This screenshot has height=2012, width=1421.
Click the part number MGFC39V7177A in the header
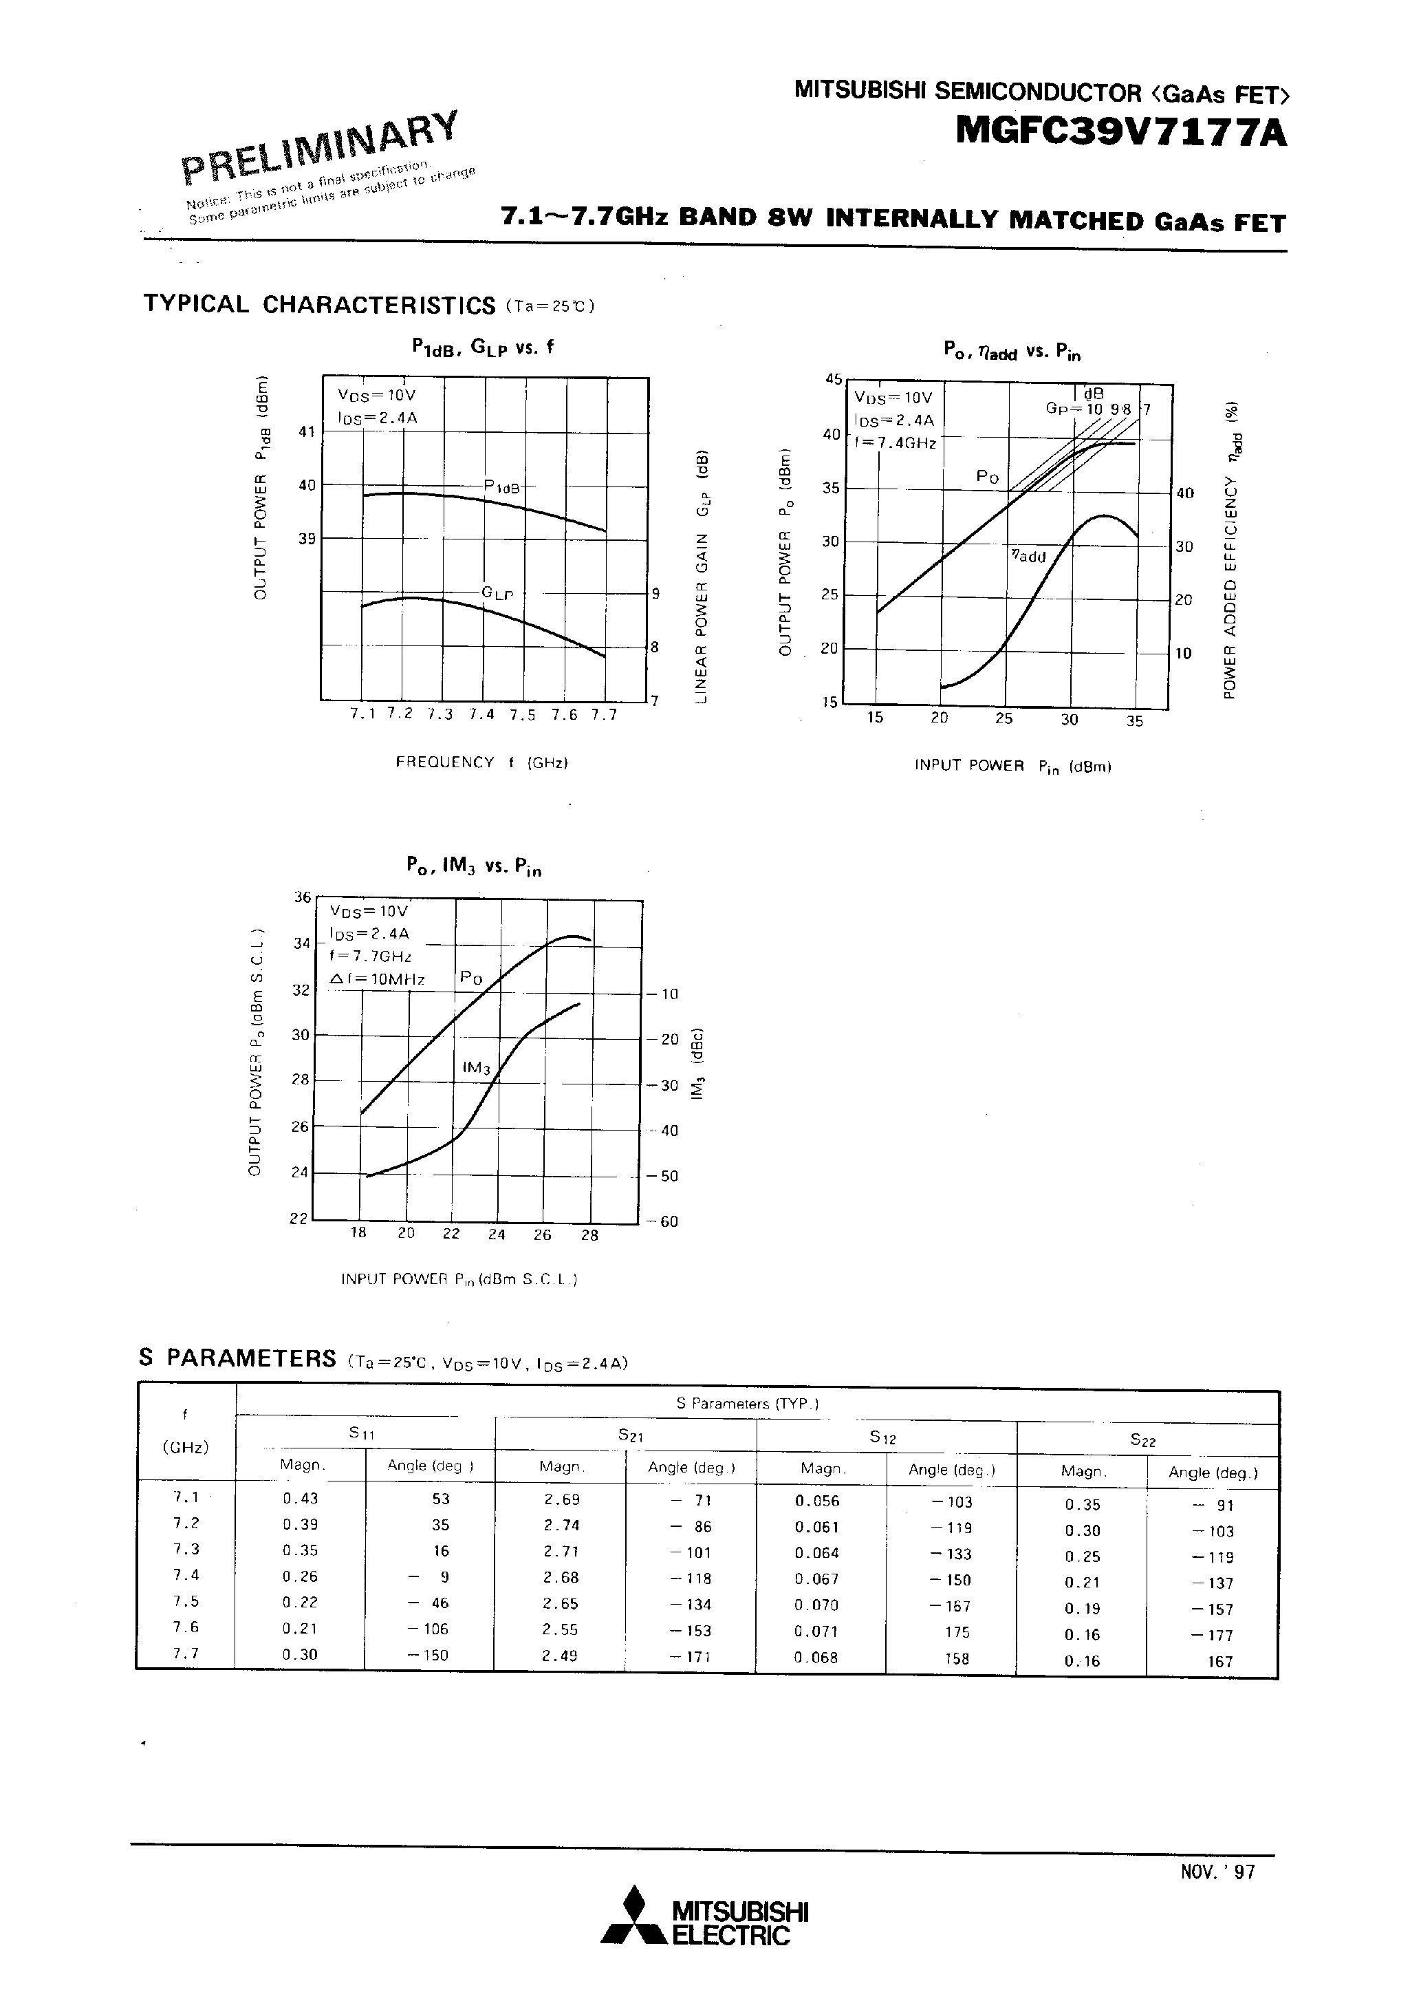(1121, 132)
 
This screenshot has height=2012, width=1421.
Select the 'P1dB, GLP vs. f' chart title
(483, 347)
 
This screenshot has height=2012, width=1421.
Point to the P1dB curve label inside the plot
(503, 486)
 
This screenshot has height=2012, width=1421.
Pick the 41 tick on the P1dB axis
(306, 431)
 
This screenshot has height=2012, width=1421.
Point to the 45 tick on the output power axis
(832, 379)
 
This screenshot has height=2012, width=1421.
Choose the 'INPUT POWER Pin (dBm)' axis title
(1012, 766)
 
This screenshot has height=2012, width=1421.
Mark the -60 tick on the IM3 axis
(664, 1221)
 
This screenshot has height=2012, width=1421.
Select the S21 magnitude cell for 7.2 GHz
(561, 1525)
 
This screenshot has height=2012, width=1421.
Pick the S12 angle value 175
(957, 1631)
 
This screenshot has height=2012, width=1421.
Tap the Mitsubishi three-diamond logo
(633, 1921)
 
